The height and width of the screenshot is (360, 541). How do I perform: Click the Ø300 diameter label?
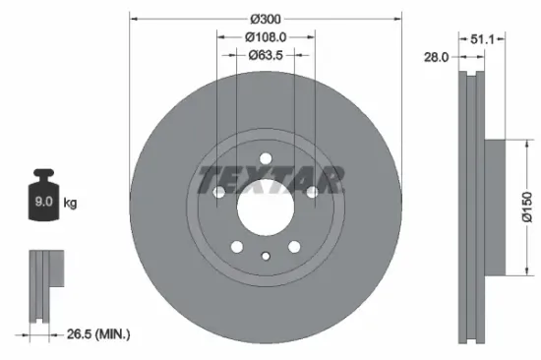[266, 20]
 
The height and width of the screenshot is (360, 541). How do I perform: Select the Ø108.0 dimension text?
[266, 37]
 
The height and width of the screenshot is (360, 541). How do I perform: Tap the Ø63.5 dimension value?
[266, 55]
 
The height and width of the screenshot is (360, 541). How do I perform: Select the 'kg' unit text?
[71, 204]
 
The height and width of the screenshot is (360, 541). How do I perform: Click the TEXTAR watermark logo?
[270, 180]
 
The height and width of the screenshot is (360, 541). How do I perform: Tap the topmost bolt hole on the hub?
[266, 160]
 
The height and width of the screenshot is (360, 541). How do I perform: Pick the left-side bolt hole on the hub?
[219, 194]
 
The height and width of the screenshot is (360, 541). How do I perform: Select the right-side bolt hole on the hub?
[312, 194]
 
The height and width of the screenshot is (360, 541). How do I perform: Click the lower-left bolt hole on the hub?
[237, 247]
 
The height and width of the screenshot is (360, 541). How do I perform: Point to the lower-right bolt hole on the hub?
[294, 247]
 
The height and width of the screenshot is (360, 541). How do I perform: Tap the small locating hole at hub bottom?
[266, 257]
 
